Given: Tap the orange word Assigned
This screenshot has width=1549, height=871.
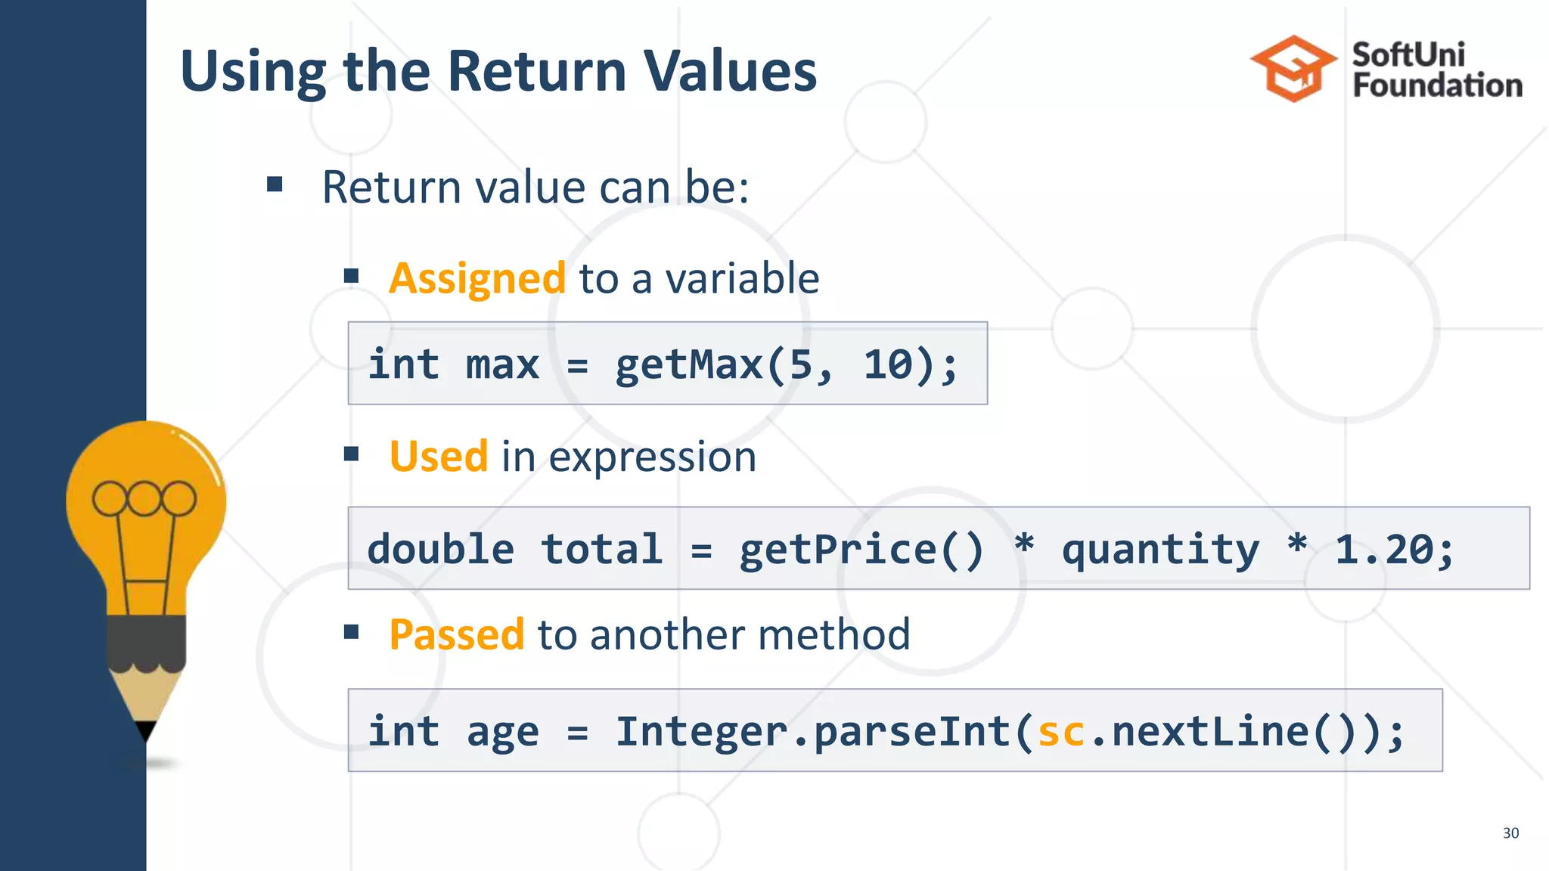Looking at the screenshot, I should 476,278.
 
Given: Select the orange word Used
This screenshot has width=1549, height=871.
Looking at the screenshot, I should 438,457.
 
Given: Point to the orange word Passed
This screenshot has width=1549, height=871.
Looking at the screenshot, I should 456,634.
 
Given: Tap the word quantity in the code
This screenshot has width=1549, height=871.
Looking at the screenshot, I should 1160,550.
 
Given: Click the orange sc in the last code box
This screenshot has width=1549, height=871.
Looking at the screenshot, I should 1060,732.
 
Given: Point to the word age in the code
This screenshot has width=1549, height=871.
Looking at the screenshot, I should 502,732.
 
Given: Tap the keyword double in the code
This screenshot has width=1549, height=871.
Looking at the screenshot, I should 440,550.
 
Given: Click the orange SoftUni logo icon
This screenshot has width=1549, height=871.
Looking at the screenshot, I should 1293,68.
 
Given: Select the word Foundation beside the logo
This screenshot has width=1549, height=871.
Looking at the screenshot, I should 1437,85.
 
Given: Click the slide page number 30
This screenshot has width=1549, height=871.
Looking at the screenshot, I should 1510,832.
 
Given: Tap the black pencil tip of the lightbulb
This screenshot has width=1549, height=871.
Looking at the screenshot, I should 146,730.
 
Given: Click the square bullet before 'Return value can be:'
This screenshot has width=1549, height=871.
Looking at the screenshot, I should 275,184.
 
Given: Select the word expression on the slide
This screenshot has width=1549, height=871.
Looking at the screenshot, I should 652,457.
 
